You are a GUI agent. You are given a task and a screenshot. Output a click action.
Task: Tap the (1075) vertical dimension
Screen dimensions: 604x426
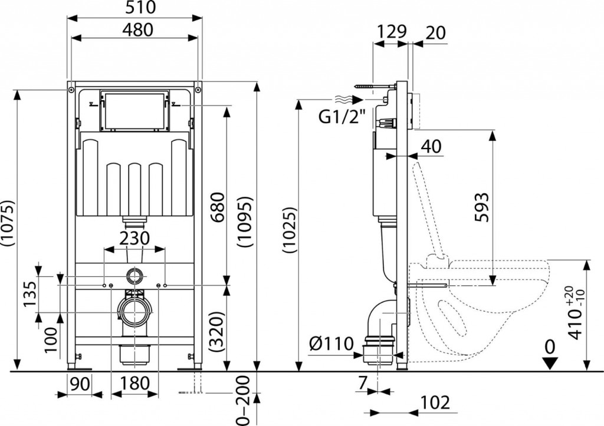[x=8, y=223]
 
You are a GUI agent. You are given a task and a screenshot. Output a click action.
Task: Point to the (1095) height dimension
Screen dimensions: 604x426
[x=246, y=222]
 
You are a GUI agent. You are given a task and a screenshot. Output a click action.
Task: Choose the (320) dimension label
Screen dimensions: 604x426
[x=218, y=332]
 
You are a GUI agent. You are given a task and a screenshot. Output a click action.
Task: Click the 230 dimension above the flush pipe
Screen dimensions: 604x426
[x=134, y=238]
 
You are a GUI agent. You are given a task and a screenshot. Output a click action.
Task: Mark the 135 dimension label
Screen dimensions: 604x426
[x=30, y=293]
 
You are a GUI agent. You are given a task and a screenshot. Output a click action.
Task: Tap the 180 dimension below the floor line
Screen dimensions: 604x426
[x=134, y=384]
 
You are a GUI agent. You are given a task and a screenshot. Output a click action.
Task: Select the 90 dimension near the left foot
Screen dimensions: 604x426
[x=80, y=384]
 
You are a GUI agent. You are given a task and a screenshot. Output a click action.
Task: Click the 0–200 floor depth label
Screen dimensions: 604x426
[x=244, y=401]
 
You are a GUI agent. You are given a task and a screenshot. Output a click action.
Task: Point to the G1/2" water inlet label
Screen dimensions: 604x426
[x=342, y=117]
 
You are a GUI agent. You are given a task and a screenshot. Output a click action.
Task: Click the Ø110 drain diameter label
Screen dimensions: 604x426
[x=331, y=344]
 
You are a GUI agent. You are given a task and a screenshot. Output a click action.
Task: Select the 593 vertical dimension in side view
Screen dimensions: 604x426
[x=482, y=207]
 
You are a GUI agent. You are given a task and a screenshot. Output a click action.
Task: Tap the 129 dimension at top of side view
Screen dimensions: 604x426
[x=392, y=32]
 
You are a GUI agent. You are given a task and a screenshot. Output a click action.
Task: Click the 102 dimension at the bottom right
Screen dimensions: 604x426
[x=435, y=402]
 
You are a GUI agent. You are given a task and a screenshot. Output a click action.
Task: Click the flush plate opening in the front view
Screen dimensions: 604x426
[x=134, y=110]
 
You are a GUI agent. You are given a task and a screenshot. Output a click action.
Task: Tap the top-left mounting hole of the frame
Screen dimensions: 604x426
[x=71, y=90]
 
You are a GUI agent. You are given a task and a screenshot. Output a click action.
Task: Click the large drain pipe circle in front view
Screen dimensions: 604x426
[x=135, y=313]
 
